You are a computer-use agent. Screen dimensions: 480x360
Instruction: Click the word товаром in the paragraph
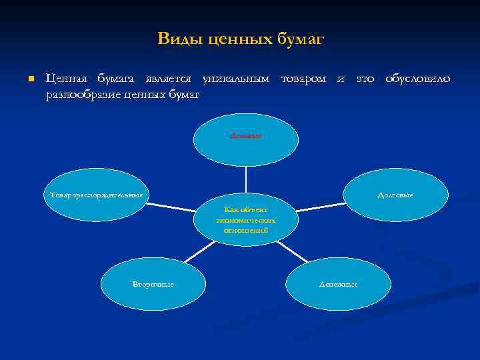(x=303, y=79)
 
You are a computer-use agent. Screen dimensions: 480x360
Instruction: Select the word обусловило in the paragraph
(x=417, y=79)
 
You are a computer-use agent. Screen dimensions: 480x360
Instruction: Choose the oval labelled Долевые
(x=246, y=140)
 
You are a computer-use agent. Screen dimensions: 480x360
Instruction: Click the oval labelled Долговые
(x=395, y=195)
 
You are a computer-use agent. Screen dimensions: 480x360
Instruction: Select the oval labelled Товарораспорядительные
(x=97, y=195)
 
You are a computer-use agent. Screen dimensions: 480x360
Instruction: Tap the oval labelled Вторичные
(x=153, y=284)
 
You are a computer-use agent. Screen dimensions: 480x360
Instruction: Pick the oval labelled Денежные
(x=338, y=284)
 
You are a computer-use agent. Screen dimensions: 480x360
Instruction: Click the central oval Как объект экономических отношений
(x=246, y=220)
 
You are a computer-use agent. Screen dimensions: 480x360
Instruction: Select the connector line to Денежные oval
(x=292, y=251)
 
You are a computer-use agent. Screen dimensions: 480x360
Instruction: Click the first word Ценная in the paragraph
(x=63, y=79)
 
